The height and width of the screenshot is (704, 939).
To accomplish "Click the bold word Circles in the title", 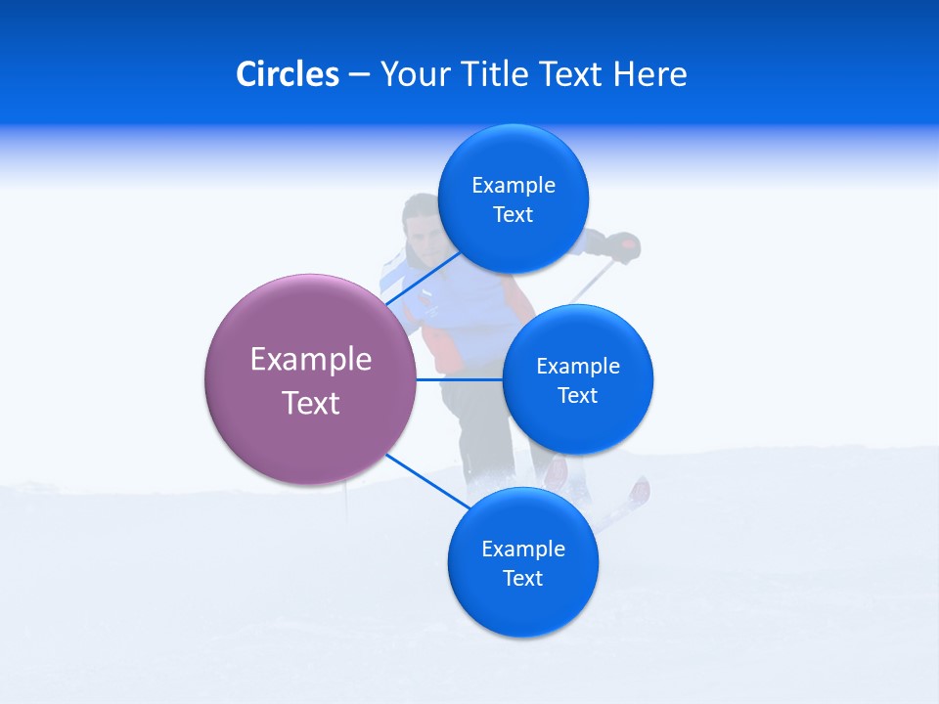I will [x=288, y=74].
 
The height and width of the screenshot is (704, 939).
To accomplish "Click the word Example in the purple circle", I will [x=311, y=359].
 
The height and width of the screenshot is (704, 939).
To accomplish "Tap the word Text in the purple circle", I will [x=311, y=403].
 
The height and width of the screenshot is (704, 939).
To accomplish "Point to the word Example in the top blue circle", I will [x=514, y=185].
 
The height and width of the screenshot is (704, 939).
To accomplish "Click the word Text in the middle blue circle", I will [x=577, y=395].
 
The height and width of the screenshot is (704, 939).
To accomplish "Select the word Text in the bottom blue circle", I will [x=522, y=578].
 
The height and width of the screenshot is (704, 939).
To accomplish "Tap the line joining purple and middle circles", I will [x=459, y=379].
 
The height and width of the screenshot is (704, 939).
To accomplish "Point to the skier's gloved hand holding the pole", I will [x=623, y=247].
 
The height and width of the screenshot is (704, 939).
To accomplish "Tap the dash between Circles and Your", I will [x=359, y=74].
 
